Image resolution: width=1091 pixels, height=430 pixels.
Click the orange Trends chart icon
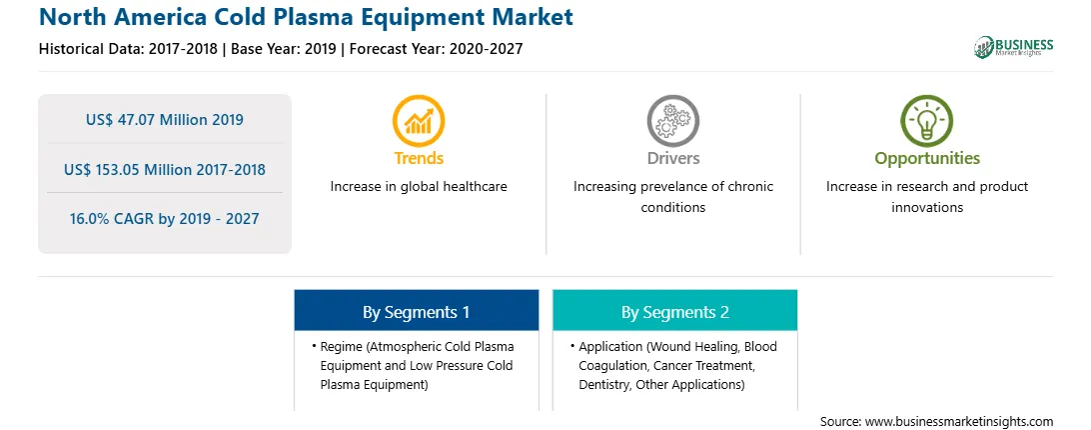pos(419,121)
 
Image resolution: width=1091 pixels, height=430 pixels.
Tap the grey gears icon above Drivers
pos(672,121)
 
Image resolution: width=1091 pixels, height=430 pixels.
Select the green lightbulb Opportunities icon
pos(927,121)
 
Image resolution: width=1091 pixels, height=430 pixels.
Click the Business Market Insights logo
pos(1014,47)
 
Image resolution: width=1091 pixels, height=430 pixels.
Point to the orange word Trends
pos(419,158)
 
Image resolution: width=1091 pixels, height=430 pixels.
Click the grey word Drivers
pos(673,158)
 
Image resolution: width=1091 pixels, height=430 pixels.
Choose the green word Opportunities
pos(927,159)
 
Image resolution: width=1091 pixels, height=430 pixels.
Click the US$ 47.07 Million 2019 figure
pos(165,120)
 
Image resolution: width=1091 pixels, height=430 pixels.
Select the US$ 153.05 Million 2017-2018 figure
pos(165,169)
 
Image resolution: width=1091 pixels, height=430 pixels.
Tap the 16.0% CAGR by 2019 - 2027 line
pos(164,219)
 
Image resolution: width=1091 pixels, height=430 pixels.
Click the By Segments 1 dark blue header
pos(416,312)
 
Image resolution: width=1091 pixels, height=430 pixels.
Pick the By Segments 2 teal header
pos(675,312)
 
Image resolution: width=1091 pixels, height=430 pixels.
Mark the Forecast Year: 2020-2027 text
pos(436,49)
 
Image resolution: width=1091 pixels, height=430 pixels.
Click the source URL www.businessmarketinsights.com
pos(959,422)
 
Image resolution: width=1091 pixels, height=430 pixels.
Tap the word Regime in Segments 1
pos(343,347)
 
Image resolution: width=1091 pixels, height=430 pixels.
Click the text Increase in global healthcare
pos(419,187)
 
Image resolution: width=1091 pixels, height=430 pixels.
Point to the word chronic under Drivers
pos(751,187)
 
